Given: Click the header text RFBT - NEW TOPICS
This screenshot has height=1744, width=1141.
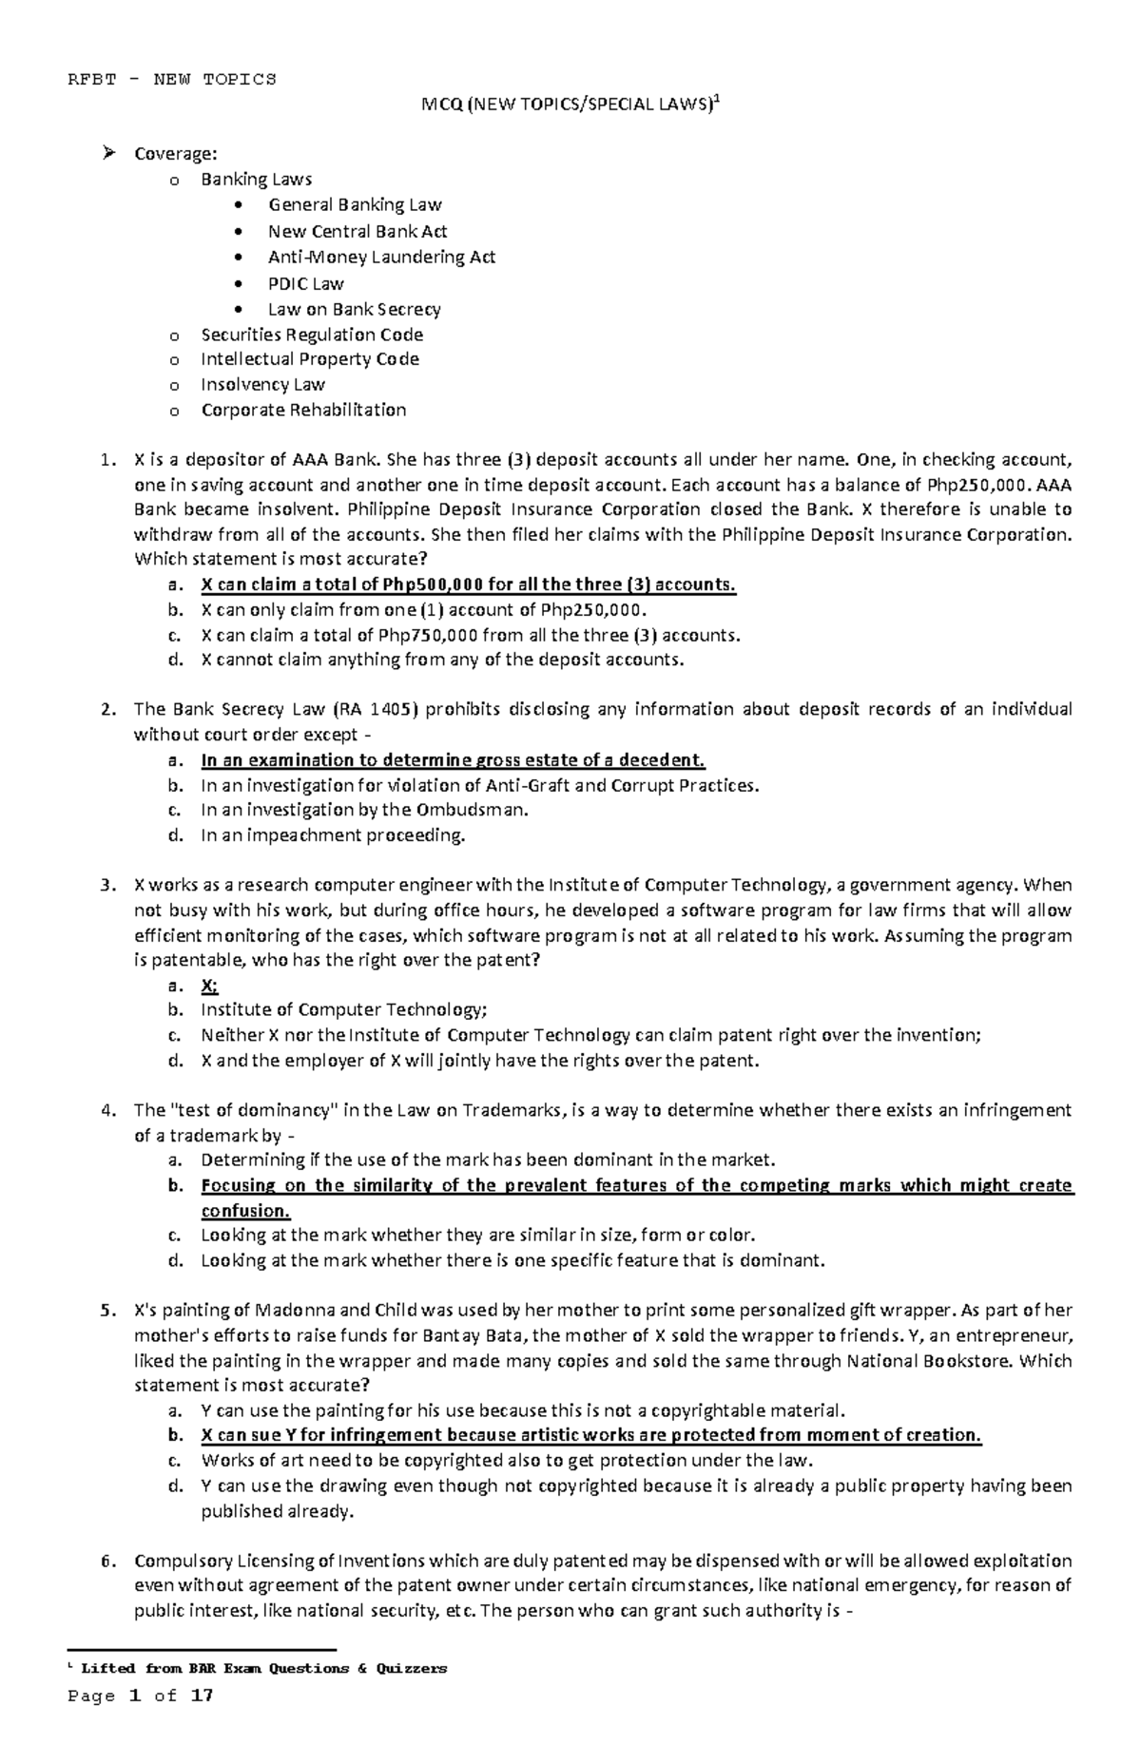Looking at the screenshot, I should coord(172,79).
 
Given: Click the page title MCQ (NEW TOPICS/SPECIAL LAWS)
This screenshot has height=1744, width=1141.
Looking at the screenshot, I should coord(570,105).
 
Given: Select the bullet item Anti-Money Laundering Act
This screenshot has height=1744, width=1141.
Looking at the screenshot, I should coord(381,257).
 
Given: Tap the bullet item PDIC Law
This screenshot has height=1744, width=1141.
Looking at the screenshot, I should coord(306,283).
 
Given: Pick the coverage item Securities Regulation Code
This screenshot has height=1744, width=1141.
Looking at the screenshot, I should coord(312,335).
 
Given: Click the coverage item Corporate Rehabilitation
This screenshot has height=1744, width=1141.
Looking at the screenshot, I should coord(303,410).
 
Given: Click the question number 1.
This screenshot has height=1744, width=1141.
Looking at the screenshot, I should coord(106,460).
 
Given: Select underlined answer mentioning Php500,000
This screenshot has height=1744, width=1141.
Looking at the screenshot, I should coord(468,585).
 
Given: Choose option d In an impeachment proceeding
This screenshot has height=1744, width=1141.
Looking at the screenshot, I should coord(333,835).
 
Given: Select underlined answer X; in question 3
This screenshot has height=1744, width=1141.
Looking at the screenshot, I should coord(209,985).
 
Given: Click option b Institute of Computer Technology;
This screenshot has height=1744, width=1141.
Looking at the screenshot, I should coord(343,1009).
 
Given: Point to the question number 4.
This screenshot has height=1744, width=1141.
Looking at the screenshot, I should coord(106,1110).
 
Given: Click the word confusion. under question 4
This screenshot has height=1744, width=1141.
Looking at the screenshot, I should coord(245,1211).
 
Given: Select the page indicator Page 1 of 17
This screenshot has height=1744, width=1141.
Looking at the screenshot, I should coord(140,1696).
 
